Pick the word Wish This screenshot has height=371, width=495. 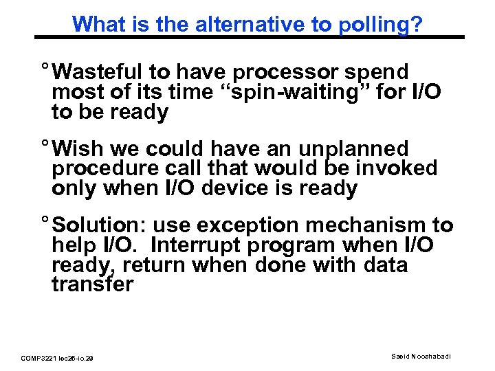(x=80, y=149)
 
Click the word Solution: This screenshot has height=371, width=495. (x=99, y=225)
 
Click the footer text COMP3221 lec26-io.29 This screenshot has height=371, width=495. (x=58, y=358)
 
